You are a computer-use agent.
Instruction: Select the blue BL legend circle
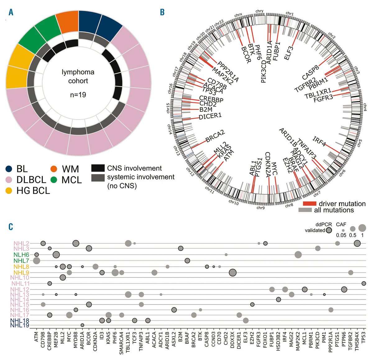click(x=9, y=169)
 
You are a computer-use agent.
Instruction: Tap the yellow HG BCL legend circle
click(x=9, y=190)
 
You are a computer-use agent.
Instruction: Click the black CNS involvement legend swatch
click(x=98, y=168)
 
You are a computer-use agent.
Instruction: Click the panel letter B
click(x=162, y=12)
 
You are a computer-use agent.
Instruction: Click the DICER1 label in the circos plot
click(x=210, y=116)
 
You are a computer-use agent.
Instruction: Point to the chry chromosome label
click(x=259, y=11)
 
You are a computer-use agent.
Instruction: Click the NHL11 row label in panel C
click(x=21, y=284)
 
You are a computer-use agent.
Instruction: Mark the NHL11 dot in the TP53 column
click(x=364, y=283)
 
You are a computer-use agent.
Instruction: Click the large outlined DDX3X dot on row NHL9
click(x=232, y=273)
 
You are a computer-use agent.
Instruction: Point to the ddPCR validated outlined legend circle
click(x=329, y=230)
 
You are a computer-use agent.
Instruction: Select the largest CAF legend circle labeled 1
click(x=362, y=228)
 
